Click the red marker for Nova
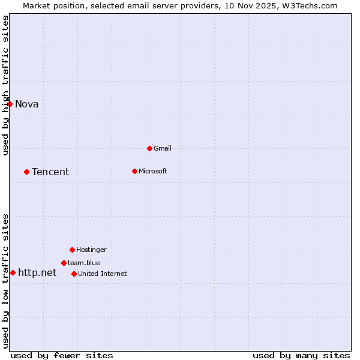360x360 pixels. point(10,104)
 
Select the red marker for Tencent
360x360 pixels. point(26,172)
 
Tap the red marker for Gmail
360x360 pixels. point(149,148)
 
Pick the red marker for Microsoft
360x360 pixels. point(134,172)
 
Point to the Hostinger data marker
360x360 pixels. point(72,250)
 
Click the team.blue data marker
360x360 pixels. point(64,263)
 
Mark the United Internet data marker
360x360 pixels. point(74,274)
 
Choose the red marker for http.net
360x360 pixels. point(13,273)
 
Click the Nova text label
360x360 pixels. point(27,104)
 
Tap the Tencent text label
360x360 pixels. point(50,172)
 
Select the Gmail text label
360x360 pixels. point(163,148)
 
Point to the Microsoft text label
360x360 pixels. point(153,172)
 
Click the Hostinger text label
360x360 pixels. point(91,250)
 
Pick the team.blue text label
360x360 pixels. point(84,263)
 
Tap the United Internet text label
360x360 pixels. point(103,274)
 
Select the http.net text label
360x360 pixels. point(37,273)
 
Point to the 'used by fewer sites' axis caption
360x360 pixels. point(62,355)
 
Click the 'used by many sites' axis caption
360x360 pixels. point(301,355)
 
